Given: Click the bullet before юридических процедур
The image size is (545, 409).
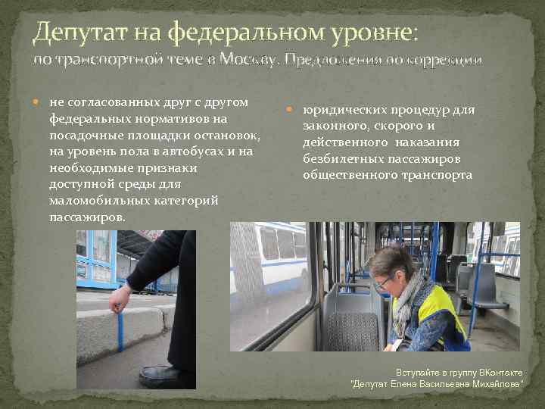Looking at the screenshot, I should pyautogui.click(x=291, y=110).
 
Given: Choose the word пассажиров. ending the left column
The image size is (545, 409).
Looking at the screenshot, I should pyautogui.click(x=87, y=217).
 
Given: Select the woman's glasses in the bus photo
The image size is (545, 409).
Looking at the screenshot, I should pyautogui.click(x=383, y=282).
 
